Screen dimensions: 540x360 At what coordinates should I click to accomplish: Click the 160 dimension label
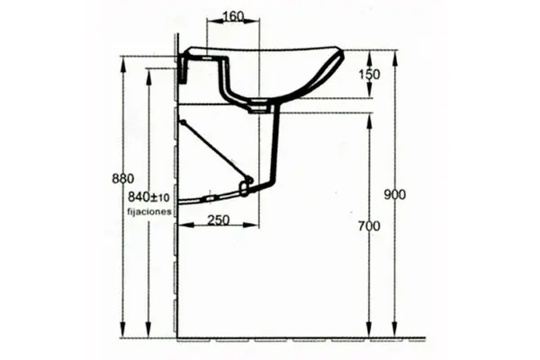(x=233, y=16)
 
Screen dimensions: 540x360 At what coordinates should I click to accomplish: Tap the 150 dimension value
(x=369, y=75)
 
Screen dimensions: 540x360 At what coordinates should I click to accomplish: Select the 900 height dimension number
(x=395, y=195)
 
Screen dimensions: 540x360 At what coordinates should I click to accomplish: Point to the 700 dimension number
(x=369, y=226)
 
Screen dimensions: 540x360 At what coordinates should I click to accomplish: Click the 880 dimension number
(x=123, y=179)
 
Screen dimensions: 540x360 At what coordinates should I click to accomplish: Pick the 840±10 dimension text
(x=148, y=197)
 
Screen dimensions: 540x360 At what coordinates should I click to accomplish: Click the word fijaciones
(x=149, y=211)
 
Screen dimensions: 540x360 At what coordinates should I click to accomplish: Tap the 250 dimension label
(x=219, y=220)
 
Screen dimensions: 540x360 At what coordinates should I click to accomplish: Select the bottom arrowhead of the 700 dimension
(x=369, y=330)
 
